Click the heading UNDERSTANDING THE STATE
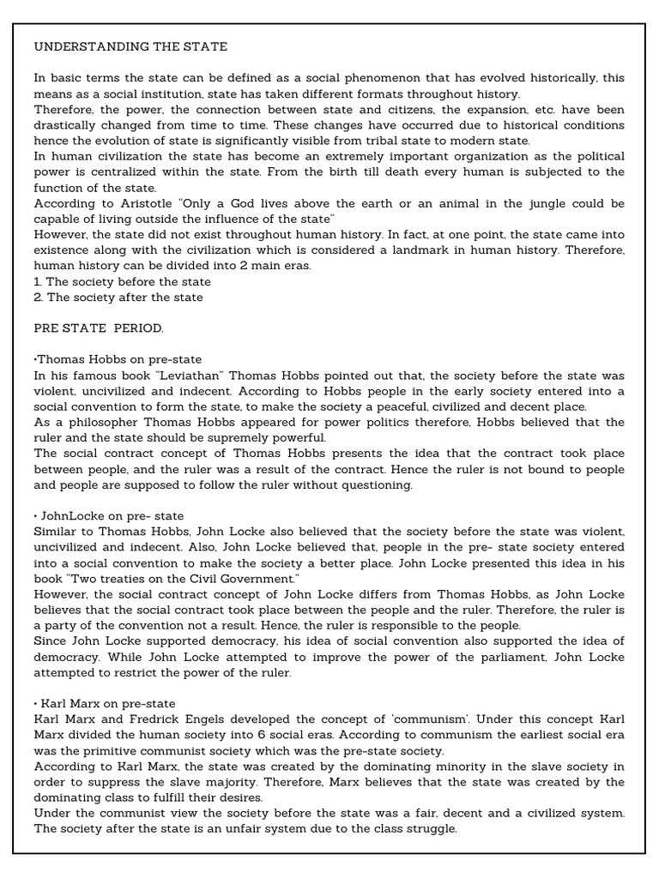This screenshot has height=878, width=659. pos(130,45)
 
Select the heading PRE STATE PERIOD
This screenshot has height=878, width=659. pos(99,328)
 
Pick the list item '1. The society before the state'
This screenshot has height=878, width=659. pos(122,281)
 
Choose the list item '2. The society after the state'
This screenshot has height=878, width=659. pos(118,297)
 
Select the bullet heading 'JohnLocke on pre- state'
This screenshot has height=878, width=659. pos(110,516)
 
